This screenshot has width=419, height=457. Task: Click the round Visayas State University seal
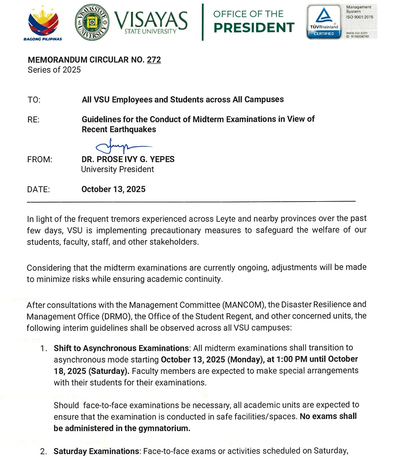tap(92, 22)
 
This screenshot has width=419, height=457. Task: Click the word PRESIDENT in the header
tap(254, 28)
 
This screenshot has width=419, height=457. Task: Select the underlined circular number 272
tap(154, 60)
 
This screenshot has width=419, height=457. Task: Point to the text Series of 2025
tap(54, 70)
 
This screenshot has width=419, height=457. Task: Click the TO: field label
tap(34, 100)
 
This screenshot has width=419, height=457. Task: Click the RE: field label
tap(34, 119)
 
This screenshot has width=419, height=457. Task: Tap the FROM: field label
tap(40, 159)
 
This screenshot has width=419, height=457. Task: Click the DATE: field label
tap(39, 189)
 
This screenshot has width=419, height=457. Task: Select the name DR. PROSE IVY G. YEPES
tap(128, 159)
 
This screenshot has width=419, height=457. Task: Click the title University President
tap(118, 169)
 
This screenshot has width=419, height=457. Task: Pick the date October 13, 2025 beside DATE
tap(113, 189)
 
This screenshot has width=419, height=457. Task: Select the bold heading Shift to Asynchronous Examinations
tap(121, 348)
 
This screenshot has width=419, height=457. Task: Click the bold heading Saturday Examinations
tap(96, 451)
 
